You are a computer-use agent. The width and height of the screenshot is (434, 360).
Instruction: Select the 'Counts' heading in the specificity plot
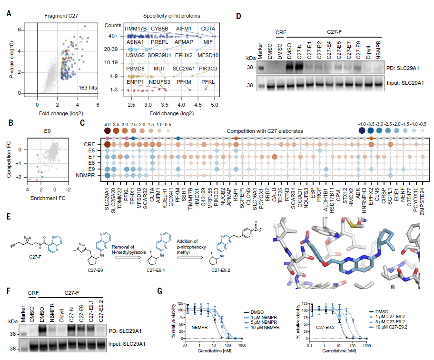tap(114, 24)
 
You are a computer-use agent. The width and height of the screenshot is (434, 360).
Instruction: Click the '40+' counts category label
tap(113, 36)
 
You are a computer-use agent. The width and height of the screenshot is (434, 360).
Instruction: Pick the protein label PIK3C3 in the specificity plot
tap(209, 69)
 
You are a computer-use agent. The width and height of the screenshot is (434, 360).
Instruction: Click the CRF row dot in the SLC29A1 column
tap(108, 144)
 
